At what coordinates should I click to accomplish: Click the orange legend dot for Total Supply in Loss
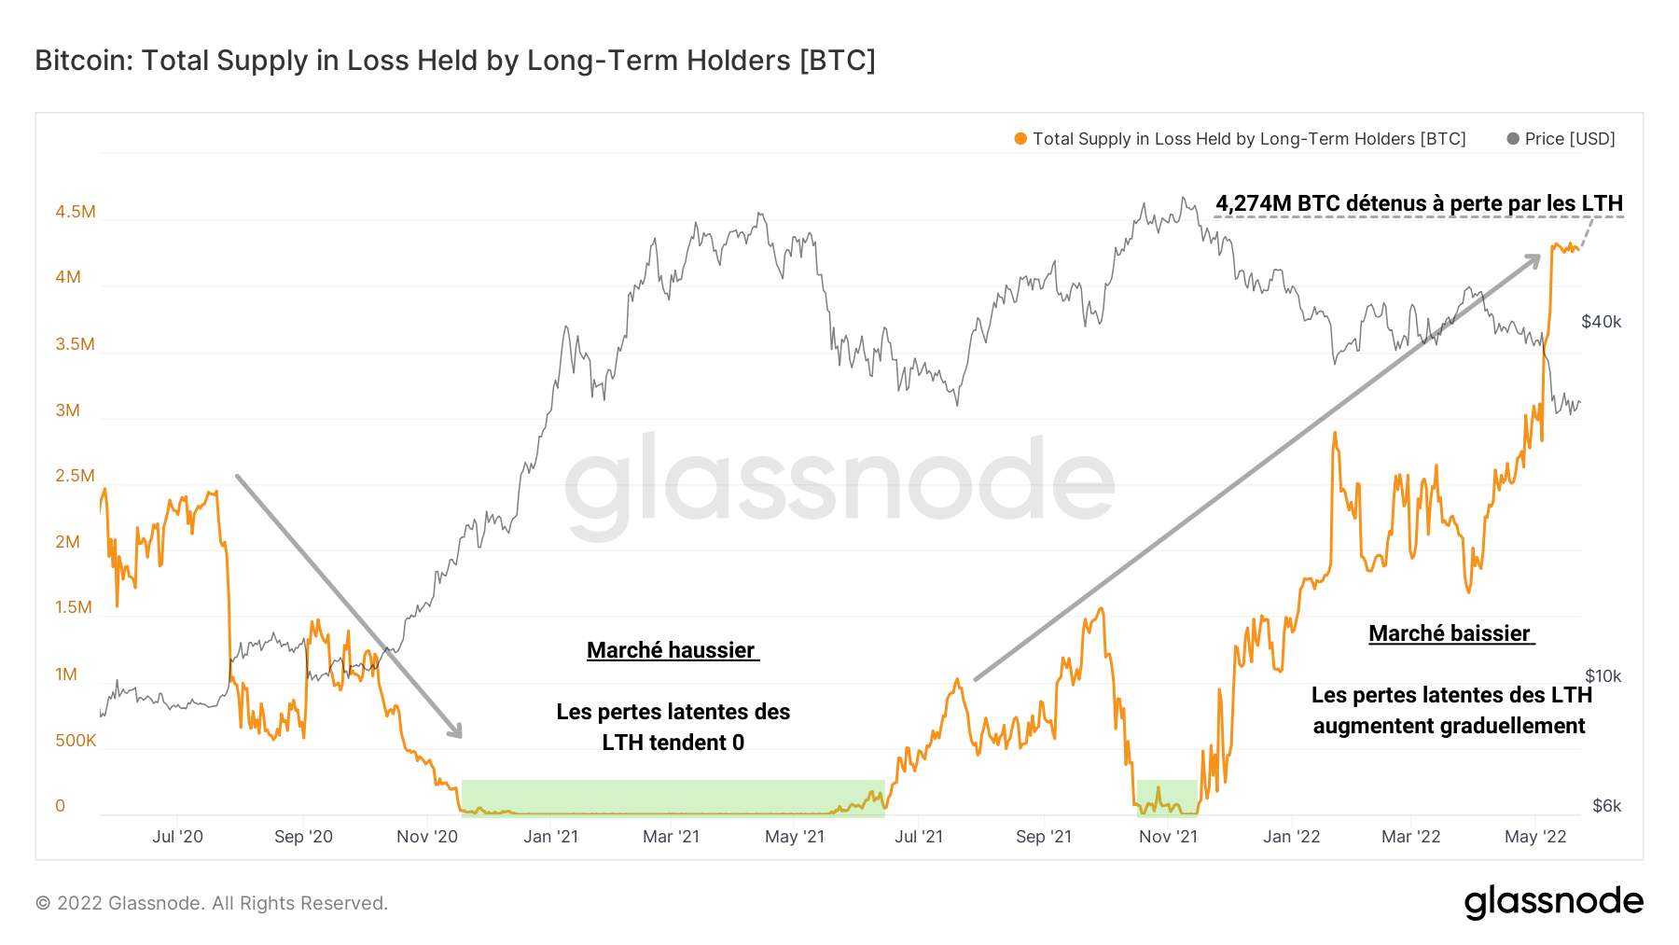click(x=1020, y=139)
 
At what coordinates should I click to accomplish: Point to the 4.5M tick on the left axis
click(x=75, y=212)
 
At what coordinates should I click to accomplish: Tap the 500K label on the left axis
click(x=76, y=741)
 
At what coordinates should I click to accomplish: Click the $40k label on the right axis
click(x=1601, y=322)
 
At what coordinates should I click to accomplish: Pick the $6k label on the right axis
click(x=1606, y=806)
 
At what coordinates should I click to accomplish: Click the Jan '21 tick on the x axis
click(x=550, y=837)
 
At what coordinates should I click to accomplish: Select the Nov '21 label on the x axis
click(x=1168, y=837)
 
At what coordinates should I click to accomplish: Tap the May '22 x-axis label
click(x=1535, y=837)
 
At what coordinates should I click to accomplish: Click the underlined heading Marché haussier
click(x=671, y=650)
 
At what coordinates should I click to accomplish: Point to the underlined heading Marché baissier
click(x=1450, y=633)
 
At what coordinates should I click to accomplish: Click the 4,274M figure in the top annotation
click(x=1254, y=203)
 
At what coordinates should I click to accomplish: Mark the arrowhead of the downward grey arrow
click(x=456, y=731)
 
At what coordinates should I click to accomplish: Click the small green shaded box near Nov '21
click(x=1166, y=798)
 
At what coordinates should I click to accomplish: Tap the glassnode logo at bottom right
click(x=1553, y=902)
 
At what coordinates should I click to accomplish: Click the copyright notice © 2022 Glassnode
click(x=212, y=903)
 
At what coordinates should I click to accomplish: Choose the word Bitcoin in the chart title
click(x=84, y=61)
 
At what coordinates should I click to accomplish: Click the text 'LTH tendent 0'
click(x=673, y=743)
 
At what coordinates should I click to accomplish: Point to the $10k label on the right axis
click(x=1603, y=676)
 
